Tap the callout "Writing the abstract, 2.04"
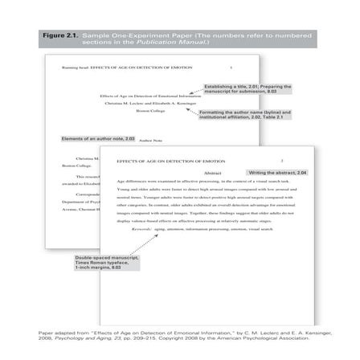coord(277,173)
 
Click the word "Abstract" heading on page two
coord(212,174)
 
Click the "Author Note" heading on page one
coord(150,140)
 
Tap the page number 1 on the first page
coord(231,67)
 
